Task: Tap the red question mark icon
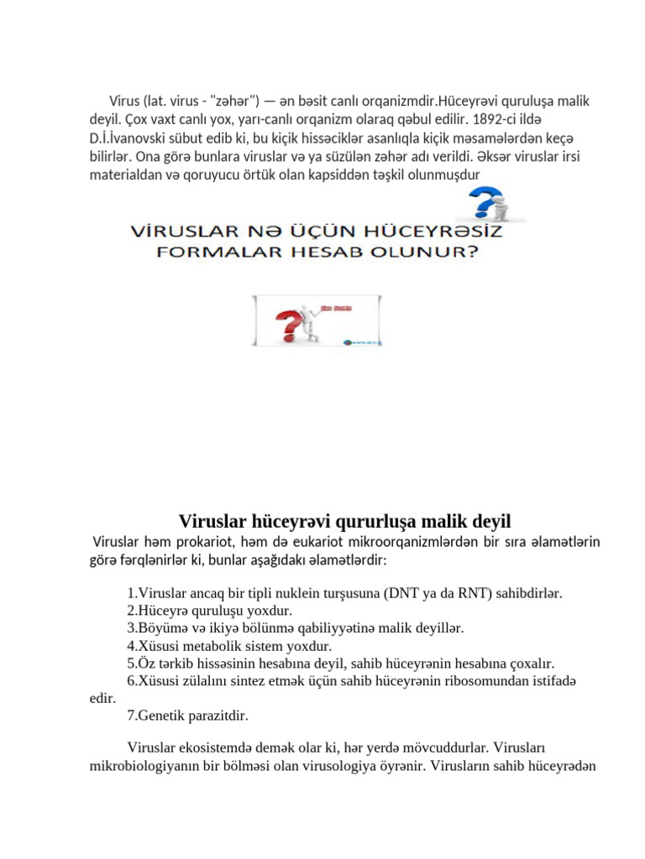(x=286, y=322)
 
